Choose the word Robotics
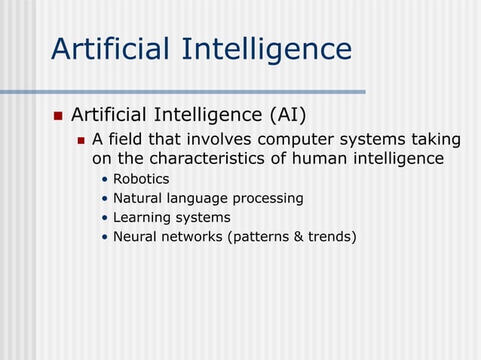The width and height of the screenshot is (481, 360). (x=141, y=179)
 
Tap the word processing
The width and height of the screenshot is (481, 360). (x=270, y=199)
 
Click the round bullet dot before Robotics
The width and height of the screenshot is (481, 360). (x=105, y=180)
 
